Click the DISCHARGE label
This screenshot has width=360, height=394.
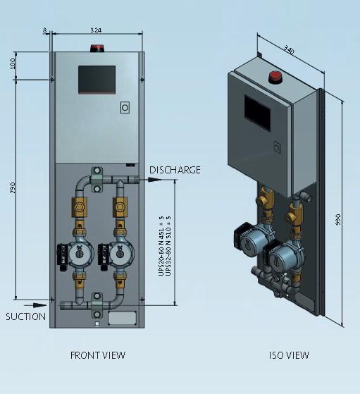tap(175, 170)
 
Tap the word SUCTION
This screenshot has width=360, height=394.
tap(25, 316)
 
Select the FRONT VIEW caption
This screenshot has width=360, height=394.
tap(97, 355)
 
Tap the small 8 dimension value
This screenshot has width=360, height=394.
tap(44, 30)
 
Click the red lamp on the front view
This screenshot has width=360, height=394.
tap(97, 49)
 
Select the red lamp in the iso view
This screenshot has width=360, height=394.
tap(275, 76)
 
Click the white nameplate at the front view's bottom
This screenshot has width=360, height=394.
tap(122, 318)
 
